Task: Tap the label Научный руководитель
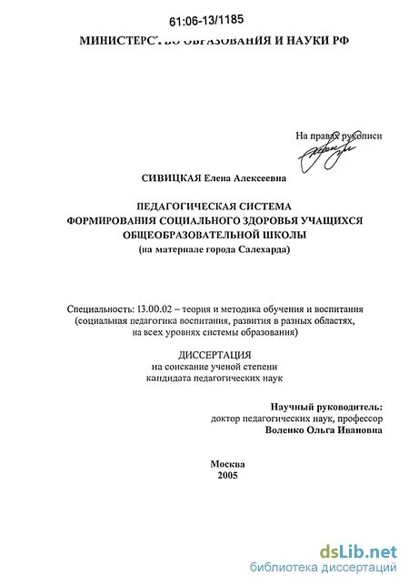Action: click(x=326, y=407)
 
